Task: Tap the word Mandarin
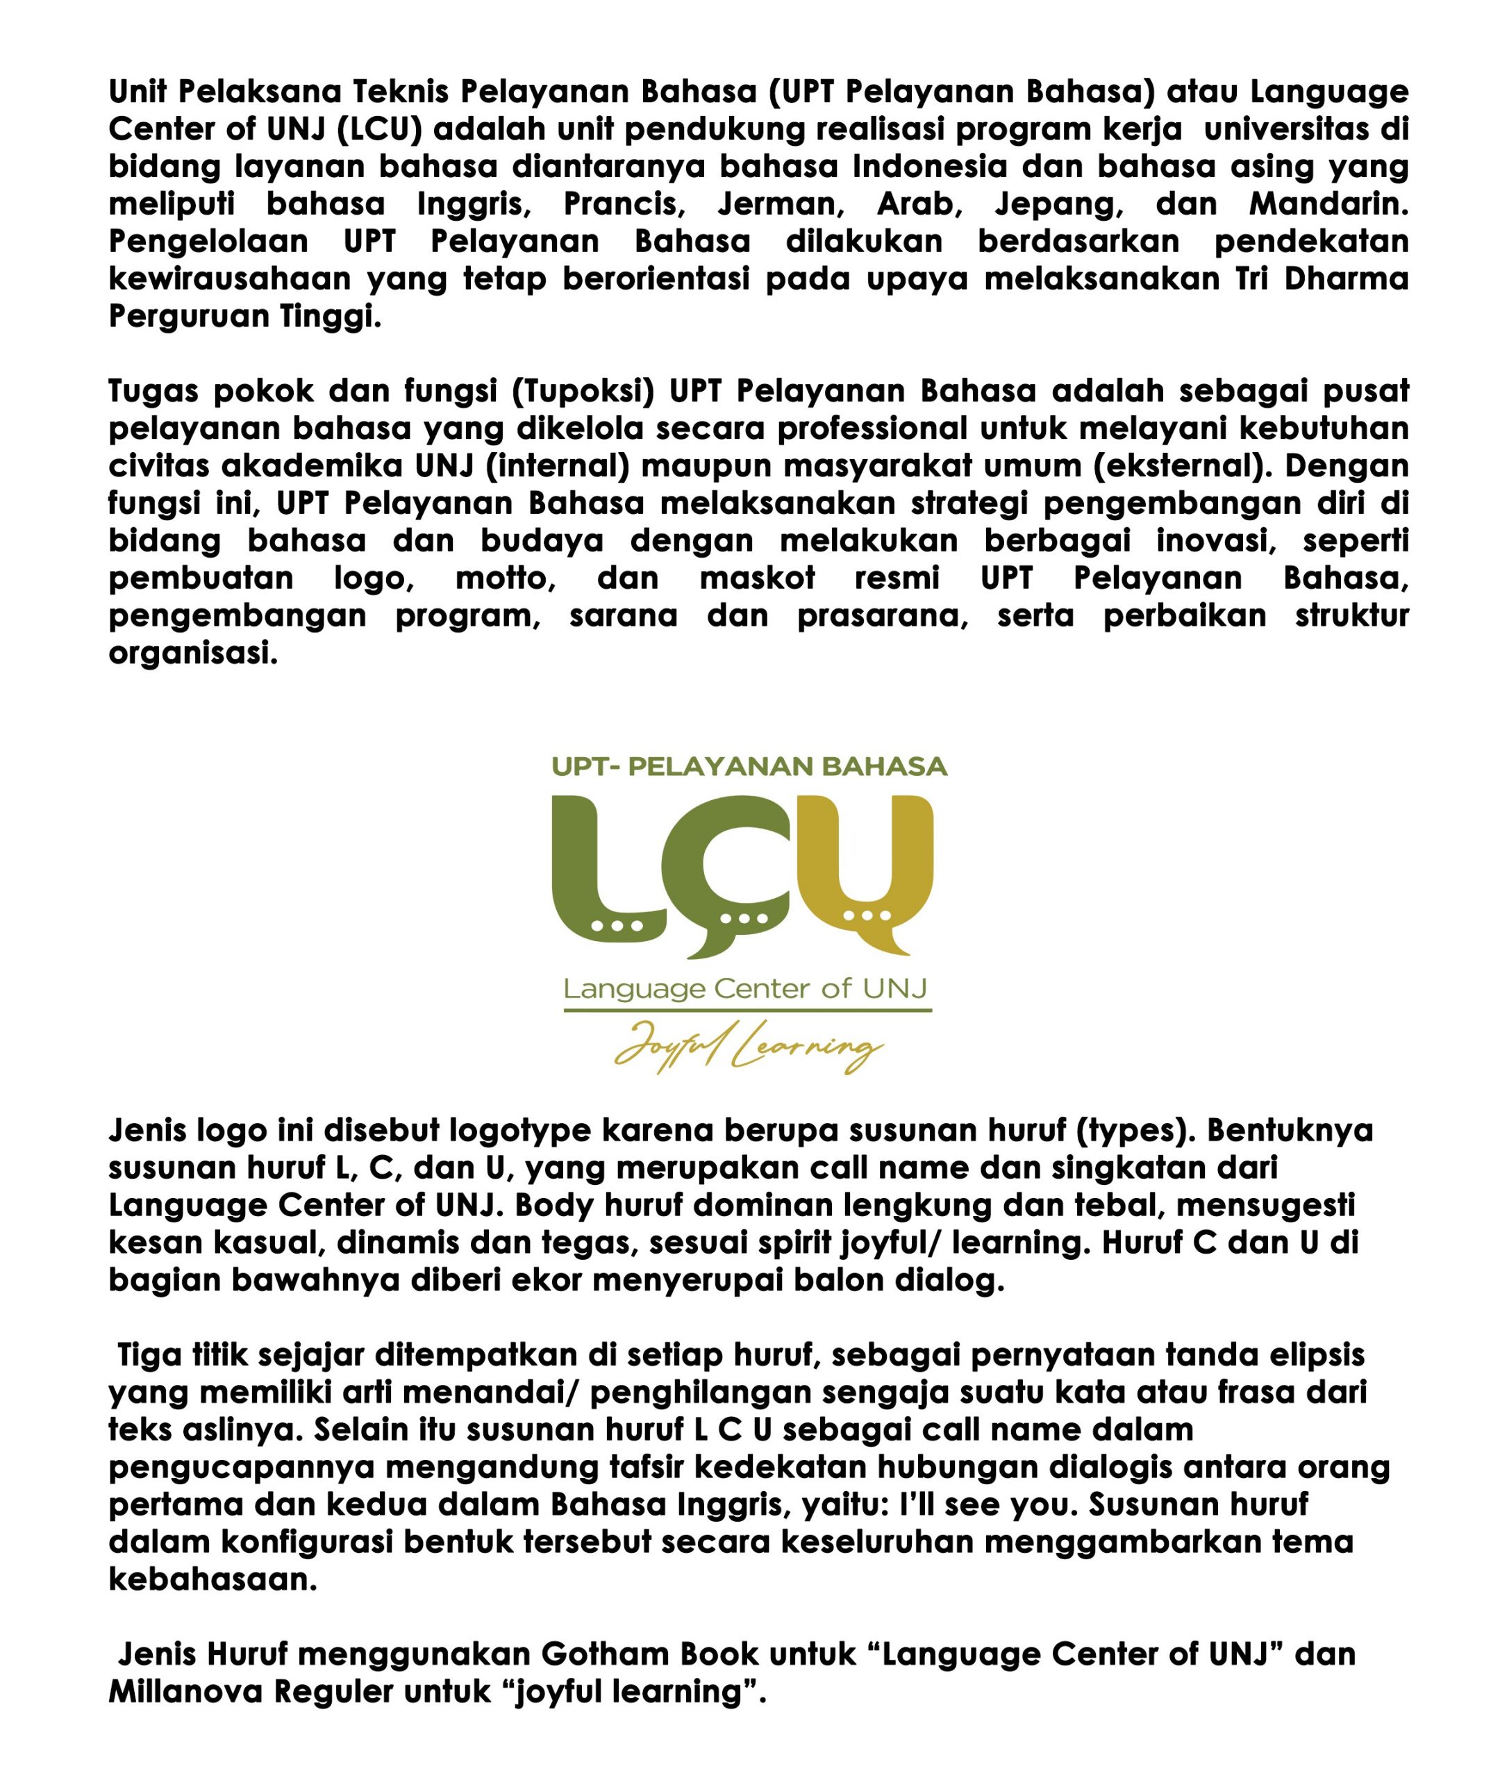1328,204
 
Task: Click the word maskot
757,579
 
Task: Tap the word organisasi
193,653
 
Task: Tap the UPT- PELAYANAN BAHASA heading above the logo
749,767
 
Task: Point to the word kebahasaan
212,1580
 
